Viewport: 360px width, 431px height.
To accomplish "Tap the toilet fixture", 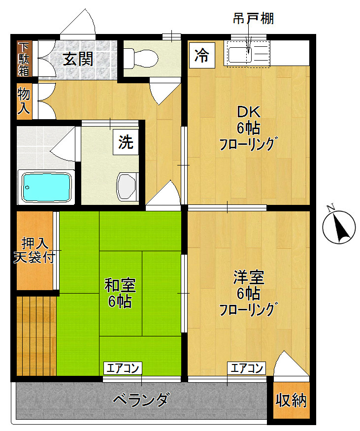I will coord(141,59).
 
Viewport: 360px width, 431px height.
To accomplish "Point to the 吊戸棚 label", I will coord(253,19).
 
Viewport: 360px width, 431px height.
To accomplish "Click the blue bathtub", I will coord(46,187).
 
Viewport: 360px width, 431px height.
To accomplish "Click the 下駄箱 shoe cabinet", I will coord(24,59).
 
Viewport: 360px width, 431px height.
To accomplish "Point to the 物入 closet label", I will coord(24,100).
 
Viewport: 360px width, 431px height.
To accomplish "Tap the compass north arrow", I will coord(339,227).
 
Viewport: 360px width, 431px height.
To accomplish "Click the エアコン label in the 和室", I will coord(123,367).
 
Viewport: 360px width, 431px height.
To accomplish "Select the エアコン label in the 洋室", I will coord(246,367).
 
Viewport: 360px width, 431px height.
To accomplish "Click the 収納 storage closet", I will coord(291,400).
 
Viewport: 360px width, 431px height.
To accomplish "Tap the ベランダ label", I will coord(141,399).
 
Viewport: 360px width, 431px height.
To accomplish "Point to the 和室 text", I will coord(120,285).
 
